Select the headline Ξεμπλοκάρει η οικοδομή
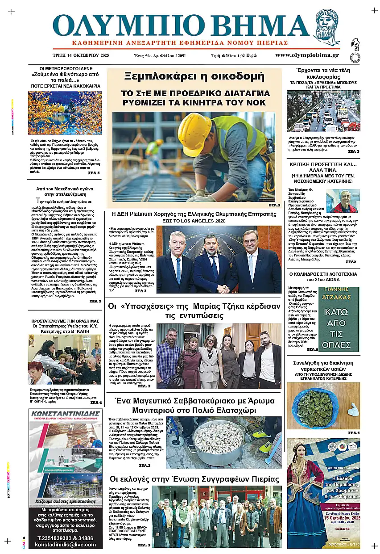(x=195, y=76)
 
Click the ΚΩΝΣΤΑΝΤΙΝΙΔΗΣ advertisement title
(x=65, y=412)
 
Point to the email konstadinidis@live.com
(x=65, y=544)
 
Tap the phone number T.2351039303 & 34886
(x=65, y=538)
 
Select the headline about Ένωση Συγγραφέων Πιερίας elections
(x=194, y=479)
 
